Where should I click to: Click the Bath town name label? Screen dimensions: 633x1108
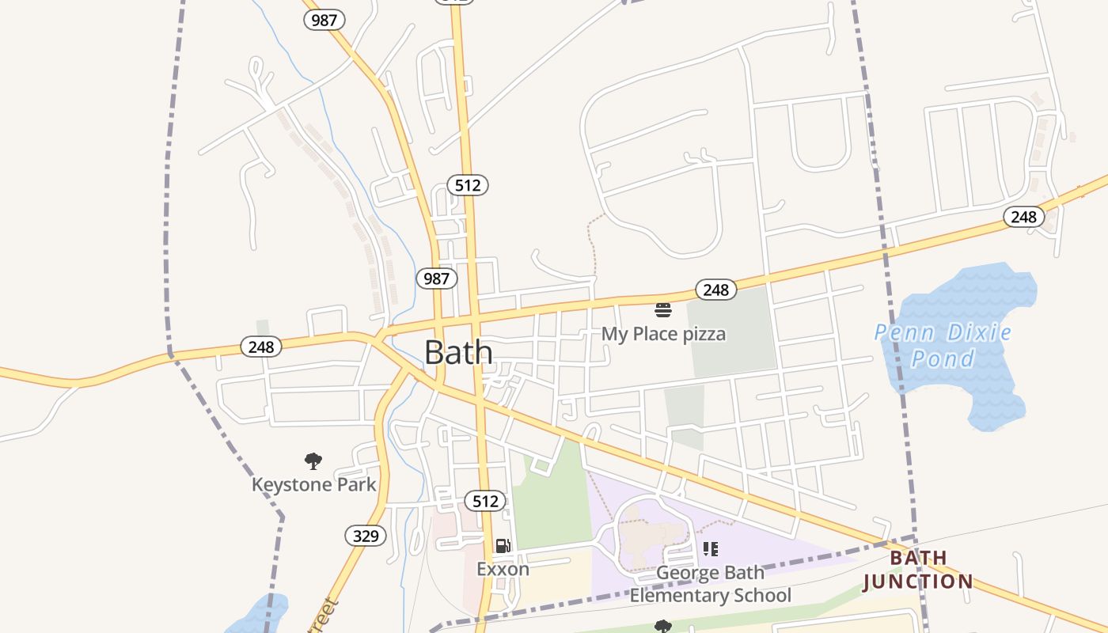point(458,353)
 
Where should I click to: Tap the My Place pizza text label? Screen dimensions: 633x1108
point(663,334)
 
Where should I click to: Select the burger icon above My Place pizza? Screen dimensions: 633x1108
point(663,309)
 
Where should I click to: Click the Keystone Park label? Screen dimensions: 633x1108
point(313,484)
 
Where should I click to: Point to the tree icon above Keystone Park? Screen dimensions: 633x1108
point(313,461)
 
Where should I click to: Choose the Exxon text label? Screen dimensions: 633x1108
point(503,569)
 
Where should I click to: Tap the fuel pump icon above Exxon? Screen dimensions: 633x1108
point(503,546)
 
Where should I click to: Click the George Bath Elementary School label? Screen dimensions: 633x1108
point(710,584)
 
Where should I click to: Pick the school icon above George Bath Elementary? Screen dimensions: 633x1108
point(710,548)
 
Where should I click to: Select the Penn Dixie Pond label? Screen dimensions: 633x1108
point(943,345)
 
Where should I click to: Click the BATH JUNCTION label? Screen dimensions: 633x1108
point(918,570)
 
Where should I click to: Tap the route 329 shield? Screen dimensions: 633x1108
point(366,536)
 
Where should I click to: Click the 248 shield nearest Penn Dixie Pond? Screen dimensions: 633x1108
point(1023,216)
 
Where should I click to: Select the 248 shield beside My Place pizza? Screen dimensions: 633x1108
point(715,290)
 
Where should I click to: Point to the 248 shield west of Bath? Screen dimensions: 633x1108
point(261,347)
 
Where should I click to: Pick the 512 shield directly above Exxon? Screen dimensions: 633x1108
point(485,501)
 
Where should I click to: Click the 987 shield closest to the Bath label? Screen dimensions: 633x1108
point(436,278)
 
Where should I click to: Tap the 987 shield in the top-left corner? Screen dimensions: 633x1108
point(324,21)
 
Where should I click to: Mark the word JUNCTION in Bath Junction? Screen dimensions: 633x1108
point(918,582)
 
